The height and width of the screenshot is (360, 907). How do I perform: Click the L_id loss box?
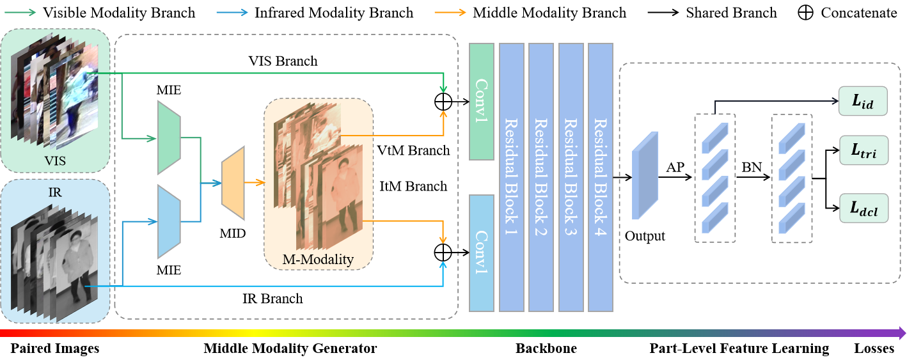pos(864,102)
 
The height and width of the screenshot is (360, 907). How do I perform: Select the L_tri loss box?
pos(864,152)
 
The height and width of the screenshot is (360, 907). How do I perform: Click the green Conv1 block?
pos(482,102)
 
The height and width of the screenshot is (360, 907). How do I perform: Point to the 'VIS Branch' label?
pos(283,61)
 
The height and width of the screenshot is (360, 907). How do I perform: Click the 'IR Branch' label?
pos(272,299)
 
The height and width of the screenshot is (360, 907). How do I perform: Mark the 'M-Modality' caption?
pos(318,259)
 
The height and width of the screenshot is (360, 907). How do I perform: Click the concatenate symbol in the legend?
pos(805,13)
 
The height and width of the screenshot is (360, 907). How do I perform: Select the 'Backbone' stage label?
pos(546,348)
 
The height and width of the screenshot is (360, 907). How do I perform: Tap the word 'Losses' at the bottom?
pos(874,348)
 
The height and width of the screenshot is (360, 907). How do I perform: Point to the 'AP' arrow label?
pos(675,168)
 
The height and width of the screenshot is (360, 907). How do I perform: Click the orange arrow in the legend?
pos(449,12)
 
